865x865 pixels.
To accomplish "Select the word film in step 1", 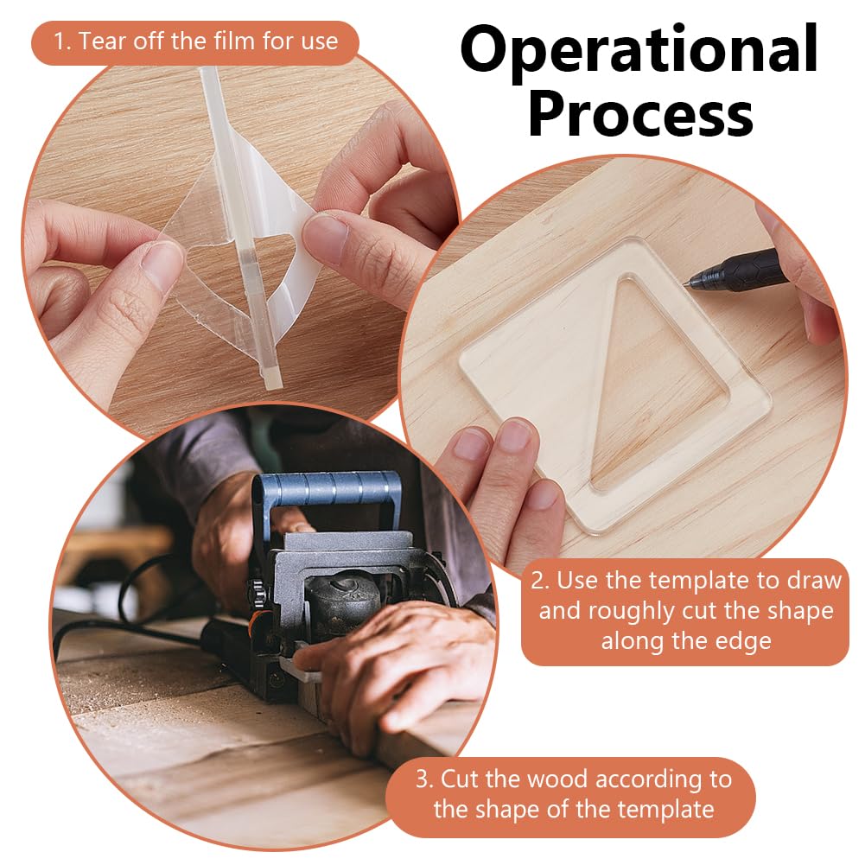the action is pos(231,41).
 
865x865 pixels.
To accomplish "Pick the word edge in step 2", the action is pos(742,641).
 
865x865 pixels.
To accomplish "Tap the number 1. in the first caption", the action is pos(62,42).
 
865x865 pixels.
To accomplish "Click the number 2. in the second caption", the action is pos(540,581).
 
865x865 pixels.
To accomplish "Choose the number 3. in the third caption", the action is pos(425,779).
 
